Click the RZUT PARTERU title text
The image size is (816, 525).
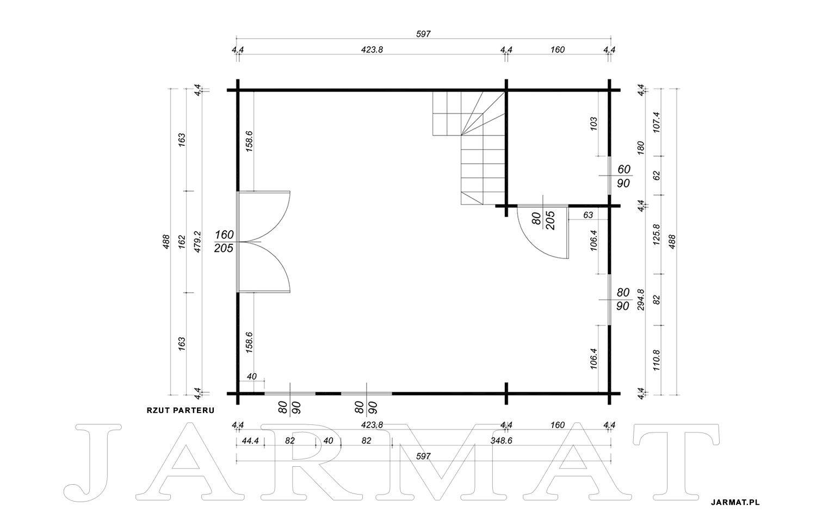[x=180, y=410]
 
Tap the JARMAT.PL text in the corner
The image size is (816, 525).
[x=735, y=502]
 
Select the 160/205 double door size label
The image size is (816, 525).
[x=224, y=241]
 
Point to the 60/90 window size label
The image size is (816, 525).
[x=623, y=176]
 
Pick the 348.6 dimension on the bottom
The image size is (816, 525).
[x=501, y=441]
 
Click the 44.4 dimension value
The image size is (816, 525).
[x=250, y=441]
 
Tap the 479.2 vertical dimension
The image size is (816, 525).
[x=197, y=242]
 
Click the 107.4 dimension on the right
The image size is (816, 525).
[x=657, y=122]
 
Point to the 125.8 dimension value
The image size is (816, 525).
[x=657, y=234]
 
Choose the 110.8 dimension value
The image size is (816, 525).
[x=657, y=360]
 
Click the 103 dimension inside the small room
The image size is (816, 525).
[x=594, y=124]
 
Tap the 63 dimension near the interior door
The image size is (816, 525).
[x=588, y=215]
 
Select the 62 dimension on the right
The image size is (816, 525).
[x=657, y=176]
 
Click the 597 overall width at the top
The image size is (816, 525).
[x=423, y=34]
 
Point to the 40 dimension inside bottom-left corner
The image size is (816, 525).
[x=251, y=376]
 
